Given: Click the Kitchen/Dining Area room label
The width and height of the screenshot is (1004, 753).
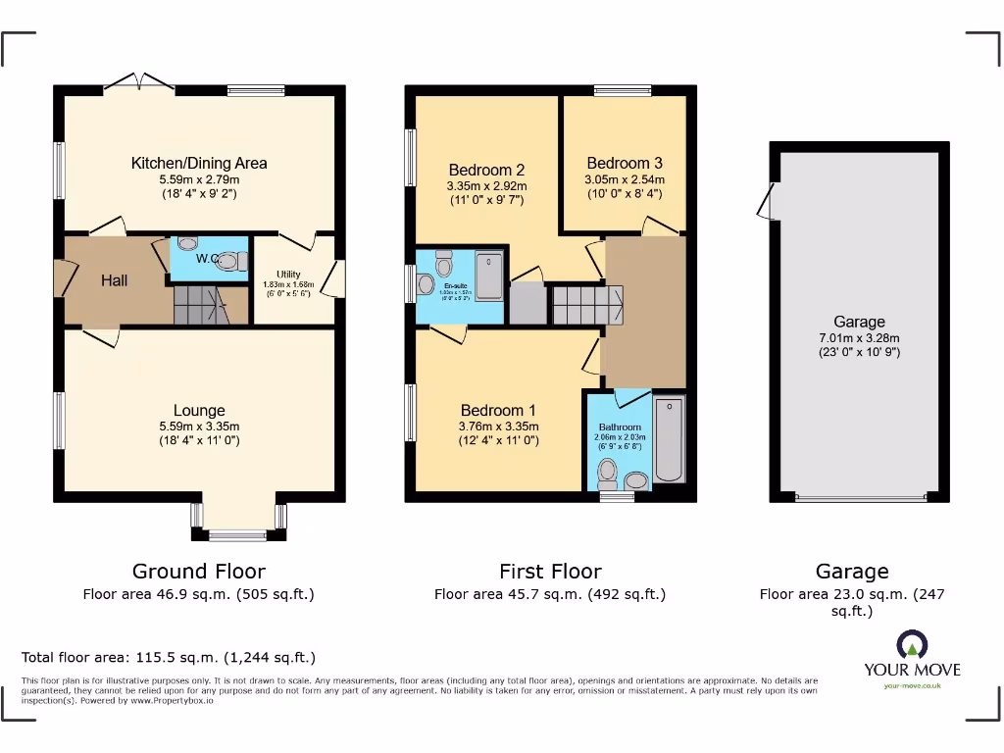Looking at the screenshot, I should pyautogui.click(x=199, y=163).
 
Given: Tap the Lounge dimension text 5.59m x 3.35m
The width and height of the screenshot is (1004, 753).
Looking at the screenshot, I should pyautogui.click(x=199, y=427).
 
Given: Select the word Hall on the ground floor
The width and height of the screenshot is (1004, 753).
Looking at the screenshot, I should pyautogui.click(x=115, y=281).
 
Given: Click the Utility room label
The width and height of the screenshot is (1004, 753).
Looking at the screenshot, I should pyautogui.click(x=288, y=275).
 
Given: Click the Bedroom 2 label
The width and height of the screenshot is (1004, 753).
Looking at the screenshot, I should pyautogui.click(x=486, y=169).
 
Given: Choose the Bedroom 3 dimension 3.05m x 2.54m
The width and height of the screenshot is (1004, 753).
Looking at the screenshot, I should pyautogui.click(x=625, y=179).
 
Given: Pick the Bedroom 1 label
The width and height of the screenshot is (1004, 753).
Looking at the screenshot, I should pyautogui.click(x=498, y=410).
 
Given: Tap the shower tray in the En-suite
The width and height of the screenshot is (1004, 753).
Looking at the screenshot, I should pyautogui.click(x=489, y=276).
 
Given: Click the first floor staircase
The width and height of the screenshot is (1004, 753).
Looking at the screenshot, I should pyautogui.click(x=585, y=305).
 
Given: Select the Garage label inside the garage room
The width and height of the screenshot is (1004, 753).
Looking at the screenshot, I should pyautogui.click(x=859, y=322).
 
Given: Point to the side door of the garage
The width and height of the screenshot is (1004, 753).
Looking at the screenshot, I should pyautogui.click(x=766, y=201).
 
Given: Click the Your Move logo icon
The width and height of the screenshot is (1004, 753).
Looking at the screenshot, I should pyautogui.click(x=912, y=645).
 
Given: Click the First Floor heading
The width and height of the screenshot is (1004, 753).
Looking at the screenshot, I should pyautogui.click(x=550, y=572).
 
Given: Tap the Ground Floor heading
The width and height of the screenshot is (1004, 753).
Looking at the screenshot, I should pyautogui.click(x=199, y=572).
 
